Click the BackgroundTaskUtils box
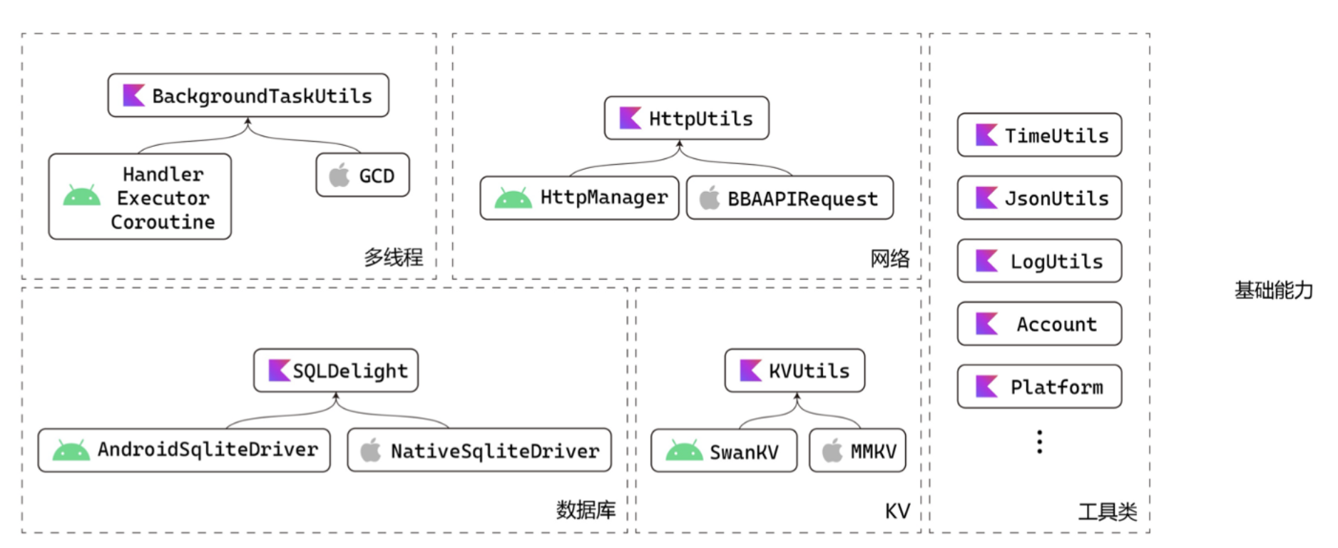248,96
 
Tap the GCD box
362,176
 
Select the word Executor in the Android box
163,198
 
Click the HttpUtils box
686,118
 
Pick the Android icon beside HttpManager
513,198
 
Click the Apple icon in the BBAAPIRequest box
709,198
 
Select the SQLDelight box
336,370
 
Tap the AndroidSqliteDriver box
184,450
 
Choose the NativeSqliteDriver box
479,450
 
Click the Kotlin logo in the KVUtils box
750,370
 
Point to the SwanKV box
723,451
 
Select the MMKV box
857,451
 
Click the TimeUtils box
1039,136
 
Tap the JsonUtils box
1039,198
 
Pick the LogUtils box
1039,261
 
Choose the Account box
1039,324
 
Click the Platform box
1039,387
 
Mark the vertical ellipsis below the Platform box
1040,442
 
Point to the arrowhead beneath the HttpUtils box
680,145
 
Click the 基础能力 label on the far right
1273,290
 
